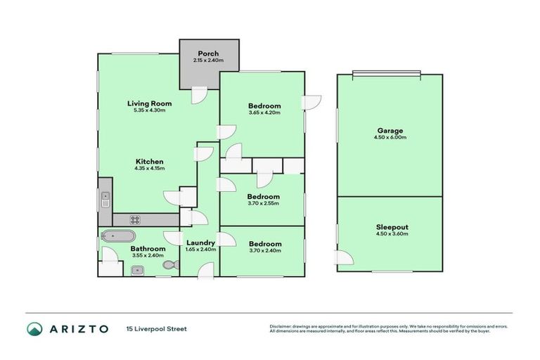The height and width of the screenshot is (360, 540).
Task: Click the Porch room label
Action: (207, 53)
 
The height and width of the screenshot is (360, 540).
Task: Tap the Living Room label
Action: (149, 103)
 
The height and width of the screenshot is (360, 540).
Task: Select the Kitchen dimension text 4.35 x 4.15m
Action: (149, 169)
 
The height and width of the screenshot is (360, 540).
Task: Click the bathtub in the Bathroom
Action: (113, 236)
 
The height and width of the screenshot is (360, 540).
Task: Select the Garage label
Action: (390, 131)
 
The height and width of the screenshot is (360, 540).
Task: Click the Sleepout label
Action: (390, 227)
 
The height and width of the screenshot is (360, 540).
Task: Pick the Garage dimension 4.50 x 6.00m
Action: (390, 138)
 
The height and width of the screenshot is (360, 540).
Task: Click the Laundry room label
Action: (200, 243)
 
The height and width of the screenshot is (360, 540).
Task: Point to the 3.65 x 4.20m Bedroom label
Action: (264, 106)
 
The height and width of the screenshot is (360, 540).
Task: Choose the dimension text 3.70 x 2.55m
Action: (264, 204)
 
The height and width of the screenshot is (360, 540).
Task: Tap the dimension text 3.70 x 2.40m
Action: (264, 251)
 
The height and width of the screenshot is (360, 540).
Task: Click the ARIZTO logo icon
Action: (34, 328)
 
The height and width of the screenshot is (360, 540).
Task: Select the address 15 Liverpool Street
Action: (156, 328)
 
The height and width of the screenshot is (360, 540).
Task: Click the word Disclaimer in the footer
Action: (281, 326)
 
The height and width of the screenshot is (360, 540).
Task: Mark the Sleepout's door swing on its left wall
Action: (343, 258)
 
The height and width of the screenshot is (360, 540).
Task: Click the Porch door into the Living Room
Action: (199, 96)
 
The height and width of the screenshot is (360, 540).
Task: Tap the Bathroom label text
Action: (148, 249)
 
